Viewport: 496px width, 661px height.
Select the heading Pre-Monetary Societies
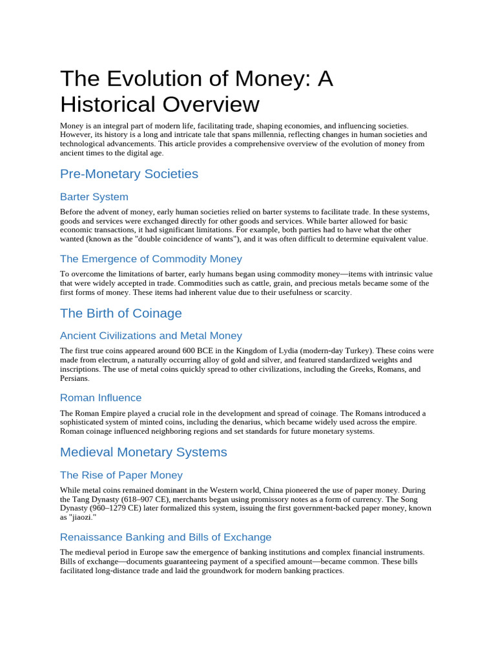tap(129, 174)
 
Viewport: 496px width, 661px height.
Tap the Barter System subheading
tap(94, 197)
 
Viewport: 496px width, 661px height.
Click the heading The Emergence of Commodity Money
tap(151, 259)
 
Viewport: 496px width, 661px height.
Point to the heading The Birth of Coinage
tap(121, 313)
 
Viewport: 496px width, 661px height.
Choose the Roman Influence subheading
tap(101, 398)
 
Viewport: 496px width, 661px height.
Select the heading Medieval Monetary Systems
tap(143, 452)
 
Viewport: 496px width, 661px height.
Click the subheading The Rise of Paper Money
tap(121, 475)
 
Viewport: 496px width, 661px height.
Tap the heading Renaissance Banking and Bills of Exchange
tap(165, 537)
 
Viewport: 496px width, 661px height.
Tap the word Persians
tap(74, 378)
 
